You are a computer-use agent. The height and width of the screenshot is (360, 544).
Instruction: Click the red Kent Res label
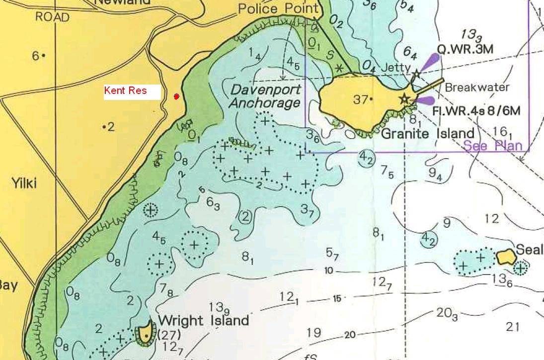click(125, 91)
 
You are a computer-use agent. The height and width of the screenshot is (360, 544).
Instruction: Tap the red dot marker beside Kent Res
click(176, 96)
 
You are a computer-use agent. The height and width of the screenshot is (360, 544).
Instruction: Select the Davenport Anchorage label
click(266, 96)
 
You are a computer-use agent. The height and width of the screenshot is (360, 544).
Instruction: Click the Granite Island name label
click(427, 133)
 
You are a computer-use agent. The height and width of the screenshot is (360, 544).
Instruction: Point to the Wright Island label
click(203, 320)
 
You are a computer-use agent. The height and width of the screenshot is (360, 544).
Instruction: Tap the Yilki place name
click(24, 183)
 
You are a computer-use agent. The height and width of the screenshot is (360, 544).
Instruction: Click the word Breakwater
click(477, 88)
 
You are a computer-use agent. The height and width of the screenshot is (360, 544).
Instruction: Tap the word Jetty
click(396, 68)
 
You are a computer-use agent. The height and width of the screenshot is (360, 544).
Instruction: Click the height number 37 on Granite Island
click(361, 99)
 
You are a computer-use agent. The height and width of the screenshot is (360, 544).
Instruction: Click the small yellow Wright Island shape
click(145, 332)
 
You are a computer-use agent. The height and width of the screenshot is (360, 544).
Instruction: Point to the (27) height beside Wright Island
click(165, 335)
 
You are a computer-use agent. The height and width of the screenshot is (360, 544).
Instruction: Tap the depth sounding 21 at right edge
click(513, 327)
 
